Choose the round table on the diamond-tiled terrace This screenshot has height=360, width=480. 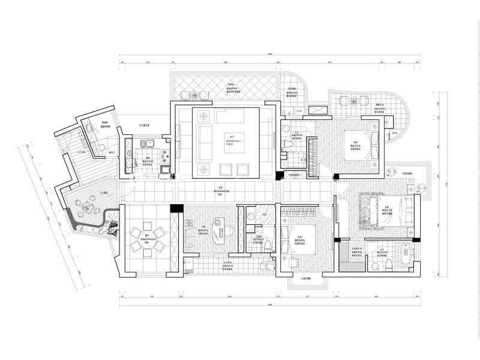(x=194, y=94)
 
